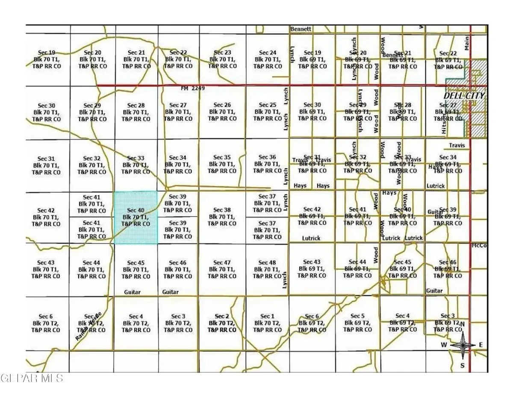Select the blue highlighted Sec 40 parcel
coord(136,217)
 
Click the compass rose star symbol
coord(462,345)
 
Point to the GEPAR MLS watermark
coord(32,378)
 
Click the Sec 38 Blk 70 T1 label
coord(221,217)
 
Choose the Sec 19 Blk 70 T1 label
coord(46,59)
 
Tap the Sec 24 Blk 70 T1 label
coord(268,59)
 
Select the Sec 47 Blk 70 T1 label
coord(221,269)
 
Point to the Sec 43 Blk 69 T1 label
coord(312,269)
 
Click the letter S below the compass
coord(462,365)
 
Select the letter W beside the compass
coord(445,345)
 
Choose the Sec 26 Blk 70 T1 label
coord(221,111)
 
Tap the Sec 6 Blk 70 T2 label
coord(46,323)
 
